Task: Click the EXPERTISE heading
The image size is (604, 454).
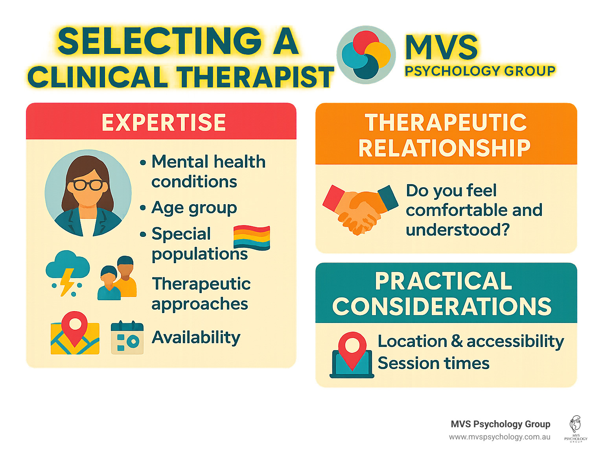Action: (164, 122)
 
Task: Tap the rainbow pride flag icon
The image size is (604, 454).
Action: (252, 238)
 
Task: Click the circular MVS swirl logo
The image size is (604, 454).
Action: (366, 55)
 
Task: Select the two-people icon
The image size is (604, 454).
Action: (117, 279)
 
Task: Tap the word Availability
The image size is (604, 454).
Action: (196, 338)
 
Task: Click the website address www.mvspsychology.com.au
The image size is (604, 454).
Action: (499, 437)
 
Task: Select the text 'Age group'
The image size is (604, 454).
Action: (194, 208)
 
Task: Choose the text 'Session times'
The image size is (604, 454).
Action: (433, 363)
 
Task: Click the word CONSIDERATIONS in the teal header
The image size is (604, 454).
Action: (442, 306)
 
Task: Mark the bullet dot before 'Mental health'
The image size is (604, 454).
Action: (143, 162)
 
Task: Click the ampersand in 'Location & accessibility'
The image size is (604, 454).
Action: (457, 341)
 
